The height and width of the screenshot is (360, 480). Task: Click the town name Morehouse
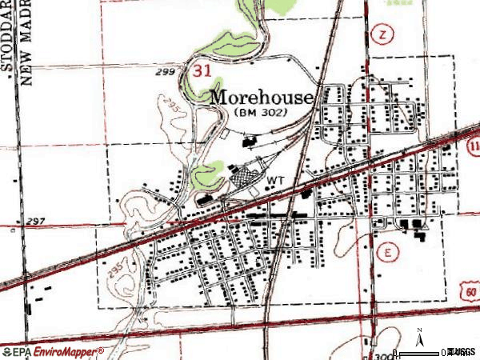tap(262, 97)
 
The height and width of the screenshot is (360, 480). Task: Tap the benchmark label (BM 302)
tap(262, 114)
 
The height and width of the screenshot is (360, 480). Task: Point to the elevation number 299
tap(166, 72)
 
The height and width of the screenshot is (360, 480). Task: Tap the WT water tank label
tap(276, 180)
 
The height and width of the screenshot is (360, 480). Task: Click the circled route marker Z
tap(383, 34)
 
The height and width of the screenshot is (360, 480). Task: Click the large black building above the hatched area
tap(248, 143)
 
